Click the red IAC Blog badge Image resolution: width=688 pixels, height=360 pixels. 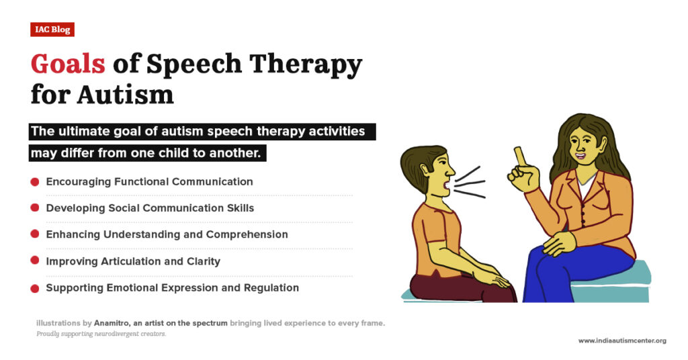tap(52, 30)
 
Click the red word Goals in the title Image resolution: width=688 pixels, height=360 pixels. tap(68, 64)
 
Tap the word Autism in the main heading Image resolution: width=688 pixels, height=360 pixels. tap(125, 94)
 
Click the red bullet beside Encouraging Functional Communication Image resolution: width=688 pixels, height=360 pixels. tap(34, 181)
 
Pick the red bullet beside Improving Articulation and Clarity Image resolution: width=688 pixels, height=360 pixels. tap(34, 261)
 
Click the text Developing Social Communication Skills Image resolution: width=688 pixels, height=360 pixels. tap(150, 208)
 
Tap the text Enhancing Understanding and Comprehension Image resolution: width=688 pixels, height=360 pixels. tap(167, 234)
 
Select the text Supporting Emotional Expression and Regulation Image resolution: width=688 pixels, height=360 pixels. tap(172, 287)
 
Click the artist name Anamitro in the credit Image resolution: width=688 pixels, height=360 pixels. tap(112, 323)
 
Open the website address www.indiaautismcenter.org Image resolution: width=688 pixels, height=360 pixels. tap(621, 341)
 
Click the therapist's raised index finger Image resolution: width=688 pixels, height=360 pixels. tap(519, 156)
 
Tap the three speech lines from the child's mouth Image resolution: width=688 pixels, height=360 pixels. tap(470, 182)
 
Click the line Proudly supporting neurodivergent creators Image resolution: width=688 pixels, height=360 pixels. tap(101, 334)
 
